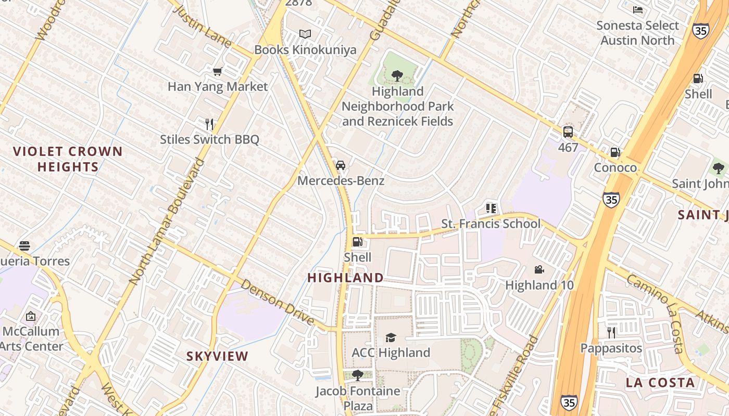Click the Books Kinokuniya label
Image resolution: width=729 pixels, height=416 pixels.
(x=305, y=49)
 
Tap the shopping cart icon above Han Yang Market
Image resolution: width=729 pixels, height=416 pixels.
(x=218, y=71)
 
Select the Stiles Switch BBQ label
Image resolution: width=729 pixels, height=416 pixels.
(x=209, y=139)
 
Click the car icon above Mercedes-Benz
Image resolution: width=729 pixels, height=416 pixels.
(x=341, y=165)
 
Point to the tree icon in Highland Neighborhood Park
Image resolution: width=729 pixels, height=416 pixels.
(x=397, y=76)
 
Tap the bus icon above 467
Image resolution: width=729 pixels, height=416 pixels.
(x=568, y=132)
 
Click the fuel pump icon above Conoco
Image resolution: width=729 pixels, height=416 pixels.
(x=615, y=152)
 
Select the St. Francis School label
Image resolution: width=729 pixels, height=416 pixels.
(x=491, y=224)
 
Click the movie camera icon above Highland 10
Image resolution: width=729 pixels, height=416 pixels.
(x=539, y=269)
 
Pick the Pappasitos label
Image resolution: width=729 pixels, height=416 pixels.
(x=611, y=348)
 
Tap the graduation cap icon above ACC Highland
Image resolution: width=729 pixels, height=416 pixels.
(x=391, y=338)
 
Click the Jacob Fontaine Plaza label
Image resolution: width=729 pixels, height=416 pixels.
(x=358, y=398)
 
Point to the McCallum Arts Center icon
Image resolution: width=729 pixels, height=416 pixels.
(x=31, y=316)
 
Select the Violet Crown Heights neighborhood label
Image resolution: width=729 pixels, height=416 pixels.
(x=68, y=159)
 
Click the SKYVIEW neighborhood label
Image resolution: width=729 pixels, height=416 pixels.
(x=218, y=356)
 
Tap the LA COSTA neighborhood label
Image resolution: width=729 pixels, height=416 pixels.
(x=660, y=383)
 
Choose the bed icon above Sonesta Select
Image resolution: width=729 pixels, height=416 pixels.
(x=638, y=10)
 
